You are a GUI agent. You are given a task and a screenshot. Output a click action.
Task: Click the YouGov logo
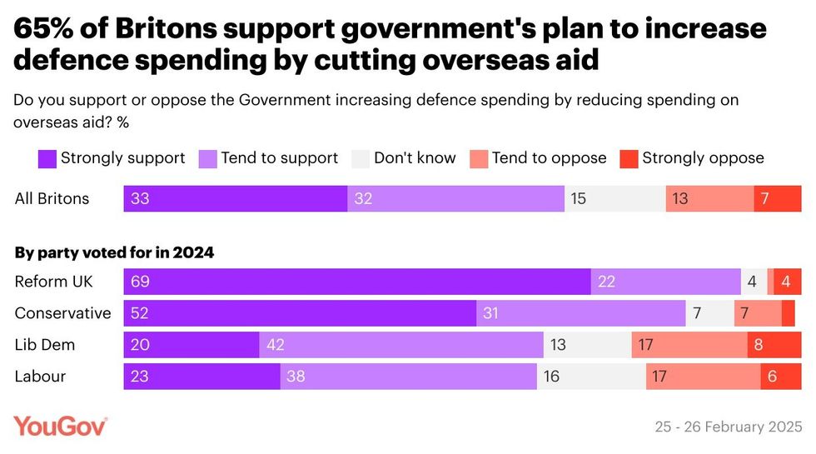[61, 426]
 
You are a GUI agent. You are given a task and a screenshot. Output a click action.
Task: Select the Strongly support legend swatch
[47, 158]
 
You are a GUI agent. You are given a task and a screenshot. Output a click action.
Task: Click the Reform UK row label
[54, 282]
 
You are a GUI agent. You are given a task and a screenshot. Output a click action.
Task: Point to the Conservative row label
[62, 313]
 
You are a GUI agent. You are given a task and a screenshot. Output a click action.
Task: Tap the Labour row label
[41, 377]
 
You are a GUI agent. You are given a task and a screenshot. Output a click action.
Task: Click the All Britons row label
[52, 199]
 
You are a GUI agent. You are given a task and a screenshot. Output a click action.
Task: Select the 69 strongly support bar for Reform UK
[357, 282]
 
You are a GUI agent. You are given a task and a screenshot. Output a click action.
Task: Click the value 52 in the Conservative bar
[140, 313]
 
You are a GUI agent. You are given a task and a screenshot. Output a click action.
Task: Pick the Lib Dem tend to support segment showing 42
[401, 345]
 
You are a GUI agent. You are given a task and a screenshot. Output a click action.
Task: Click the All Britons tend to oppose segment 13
[709, 199]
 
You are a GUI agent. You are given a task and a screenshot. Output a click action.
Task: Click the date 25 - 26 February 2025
[729, 427]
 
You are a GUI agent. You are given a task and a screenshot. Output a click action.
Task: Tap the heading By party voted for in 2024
[115, 252]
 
